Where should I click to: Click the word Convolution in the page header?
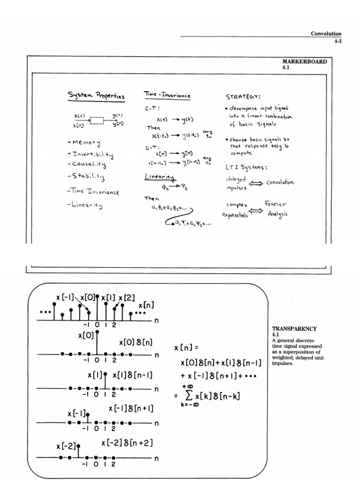click(326, 34)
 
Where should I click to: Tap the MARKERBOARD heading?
click(305, 61)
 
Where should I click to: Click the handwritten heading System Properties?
click(96, 96)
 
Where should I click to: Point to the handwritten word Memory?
click(85, 142)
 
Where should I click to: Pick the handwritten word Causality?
click(88, 165)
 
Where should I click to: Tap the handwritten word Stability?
click(88, 177)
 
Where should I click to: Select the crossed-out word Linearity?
click(159, 177)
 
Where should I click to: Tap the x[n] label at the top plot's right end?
click(146, 305)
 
